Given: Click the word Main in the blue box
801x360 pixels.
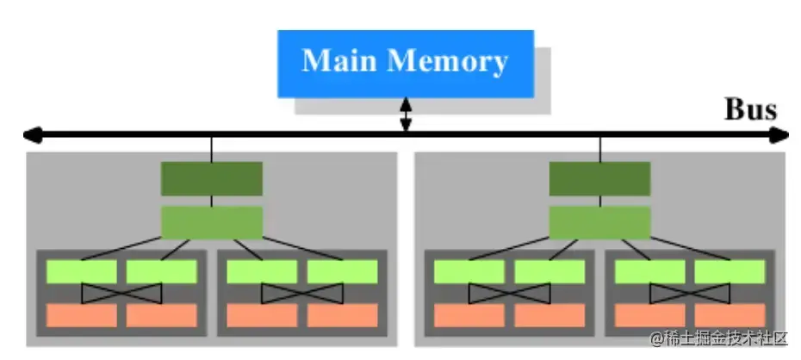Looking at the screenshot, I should pos(340,61).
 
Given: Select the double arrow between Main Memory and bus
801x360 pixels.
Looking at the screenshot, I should pos(406,115).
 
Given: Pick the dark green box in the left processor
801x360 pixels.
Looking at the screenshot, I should pos(211,178).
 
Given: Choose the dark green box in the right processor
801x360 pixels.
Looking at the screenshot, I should pos(599,178).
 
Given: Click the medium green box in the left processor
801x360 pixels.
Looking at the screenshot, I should pos(211,222).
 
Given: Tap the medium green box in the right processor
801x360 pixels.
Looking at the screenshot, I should pos(599,222).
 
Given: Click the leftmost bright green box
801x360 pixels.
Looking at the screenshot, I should pos(81,271).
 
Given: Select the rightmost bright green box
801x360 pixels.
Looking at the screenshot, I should pos(730,271).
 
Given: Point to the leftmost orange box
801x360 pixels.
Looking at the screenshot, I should pos(81,315).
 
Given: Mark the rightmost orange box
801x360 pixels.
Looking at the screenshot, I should pos(730,315).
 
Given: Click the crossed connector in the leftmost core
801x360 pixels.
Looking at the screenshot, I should pos(121,294).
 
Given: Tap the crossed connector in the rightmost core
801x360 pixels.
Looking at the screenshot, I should pos(689,294).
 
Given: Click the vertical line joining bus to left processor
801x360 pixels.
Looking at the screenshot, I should pos(211,148).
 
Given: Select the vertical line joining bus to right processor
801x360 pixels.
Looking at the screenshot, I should pos(599,148).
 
